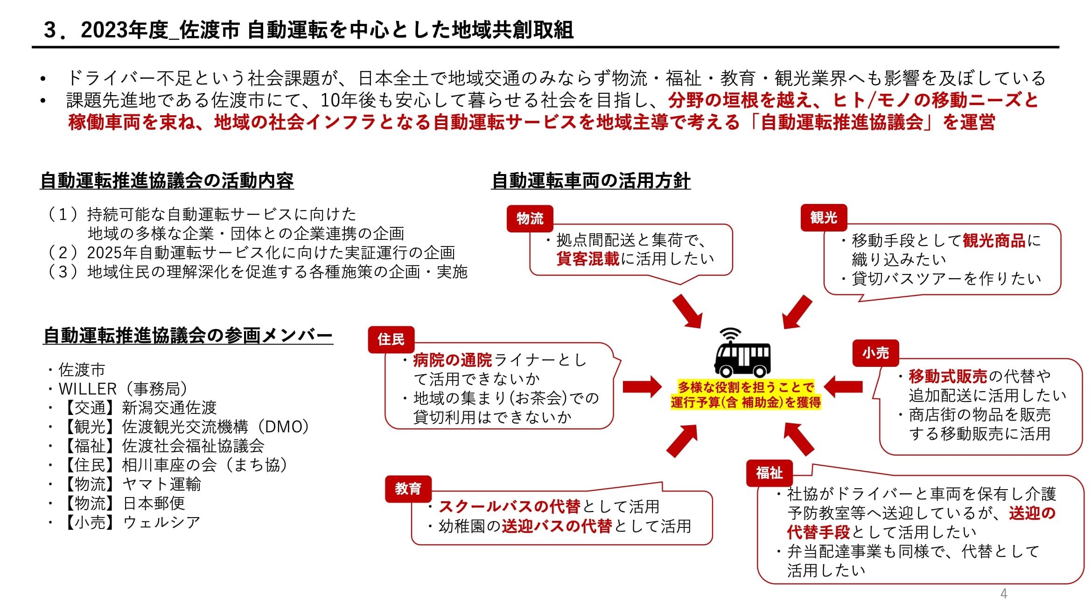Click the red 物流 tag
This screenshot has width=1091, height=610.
530,218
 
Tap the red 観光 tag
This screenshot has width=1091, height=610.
824,217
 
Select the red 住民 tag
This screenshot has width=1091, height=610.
391,339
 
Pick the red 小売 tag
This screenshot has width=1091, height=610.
875,353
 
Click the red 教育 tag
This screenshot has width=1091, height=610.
408,489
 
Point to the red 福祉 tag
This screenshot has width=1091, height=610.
769,473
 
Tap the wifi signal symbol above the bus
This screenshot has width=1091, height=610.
730,335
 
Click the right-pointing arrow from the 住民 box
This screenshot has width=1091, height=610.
642,386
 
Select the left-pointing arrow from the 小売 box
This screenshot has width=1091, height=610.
843,386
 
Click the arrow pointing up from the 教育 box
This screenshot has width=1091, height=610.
682,441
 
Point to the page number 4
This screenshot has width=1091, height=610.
1004,594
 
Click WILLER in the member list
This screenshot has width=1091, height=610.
88,389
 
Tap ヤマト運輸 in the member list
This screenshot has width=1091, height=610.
161,484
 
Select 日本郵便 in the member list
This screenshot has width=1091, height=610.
154,504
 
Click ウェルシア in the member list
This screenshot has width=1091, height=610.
161,523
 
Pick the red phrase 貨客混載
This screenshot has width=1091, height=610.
588,259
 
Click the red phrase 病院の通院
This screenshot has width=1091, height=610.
453,360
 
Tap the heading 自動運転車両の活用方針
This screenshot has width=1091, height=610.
591,181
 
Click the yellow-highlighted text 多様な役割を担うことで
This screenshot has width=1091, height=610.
746,387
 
